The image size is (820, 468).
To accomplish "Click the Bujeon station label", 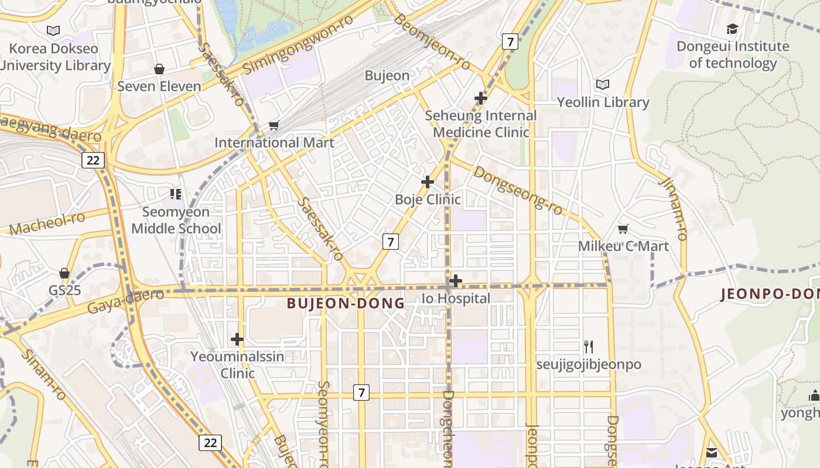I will coord(387,75).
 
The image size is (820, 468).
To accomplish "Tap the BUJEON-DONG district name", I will coord(346,303).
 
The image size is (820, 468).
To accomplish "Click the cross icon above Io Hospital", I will coord(455,281).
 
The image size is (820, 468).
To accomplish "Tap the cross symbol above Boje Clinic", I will coord(428,182).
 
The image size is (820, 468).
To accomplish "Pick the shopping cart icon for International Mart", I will coord(274,125).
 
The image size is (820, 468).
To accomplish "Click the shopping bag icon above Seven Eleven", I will coord(159,70).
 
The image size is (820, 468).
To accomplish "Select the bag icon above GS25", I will coord(64,273).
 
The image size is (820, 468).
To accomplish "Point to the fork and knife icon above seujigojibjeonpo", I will coord(589,347).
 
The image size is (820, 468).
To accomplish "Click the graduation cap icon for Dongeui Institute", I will coord(732,29).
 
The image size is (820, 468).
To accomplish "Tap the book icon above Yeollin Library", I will coord(602,85).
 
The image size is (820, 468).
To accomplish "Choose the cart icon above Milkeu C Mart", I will coord(623,229).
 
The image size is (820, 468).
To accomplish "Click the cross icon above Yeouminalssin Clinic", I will coord(237,339).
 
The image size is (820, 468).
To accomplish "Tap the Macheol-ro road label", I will coord(47,224).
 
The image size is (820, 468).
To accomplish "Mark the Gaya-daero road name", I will coord(125,301).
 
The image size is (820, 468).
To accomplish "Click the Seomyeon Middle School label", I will coord(176,220).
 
